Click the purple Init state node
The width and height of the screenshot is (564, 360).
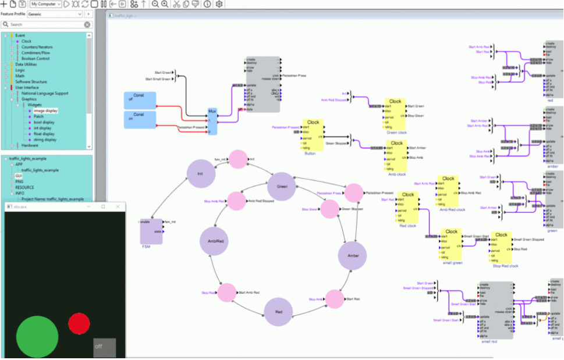point(200,174)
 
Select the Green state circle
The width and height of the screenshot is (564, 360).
point(282,187)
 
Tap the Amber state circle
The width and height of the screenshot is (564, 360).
point(353,255)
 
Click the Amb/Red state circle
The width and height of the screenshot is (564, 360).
point(215,241)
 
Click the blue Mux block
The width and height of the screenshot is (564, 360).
point(212,121)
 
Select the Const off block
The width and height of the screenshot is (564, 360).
point(139,100)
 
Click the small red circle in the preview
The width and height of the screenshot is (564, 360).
point(79,324)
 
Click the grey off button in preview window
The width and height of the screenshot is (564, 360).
point(104,348)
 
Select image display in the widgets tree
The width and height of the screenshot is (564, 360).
point(45,111)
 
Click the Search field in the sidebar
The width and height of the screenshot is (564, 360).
point(47,24)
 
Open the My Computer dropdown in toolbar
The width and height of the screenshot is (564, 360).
point(46,4)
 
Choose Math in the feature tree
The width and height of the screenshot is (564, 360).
point(20,76)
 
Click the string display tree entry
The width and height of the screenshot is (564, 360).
point(45,140)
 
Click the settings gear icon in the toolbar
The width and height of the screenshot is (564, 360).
point(219,4)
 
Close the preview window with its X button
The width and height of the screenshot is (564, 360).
point(118,206)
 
